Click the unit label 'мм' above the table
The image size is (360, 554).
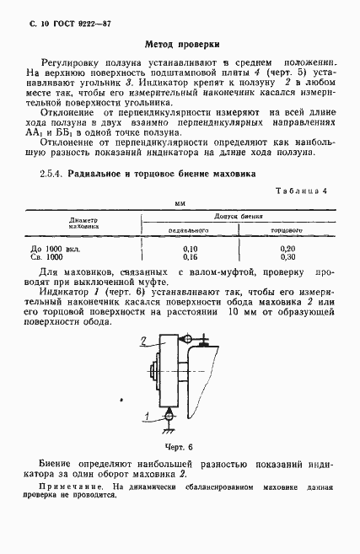[179, 205]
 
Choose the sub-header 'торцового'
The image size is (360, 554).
[287, 229]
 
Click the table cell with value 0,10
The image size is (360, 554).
[190, 249]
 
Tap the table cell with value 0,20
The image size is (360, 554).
[287, 249]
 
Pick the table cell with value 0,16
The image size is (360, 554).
[190, 257]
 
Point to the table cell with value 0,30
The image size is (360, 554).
[287, 257]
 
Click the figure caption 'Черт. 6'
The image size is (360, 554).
[179, 447]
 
